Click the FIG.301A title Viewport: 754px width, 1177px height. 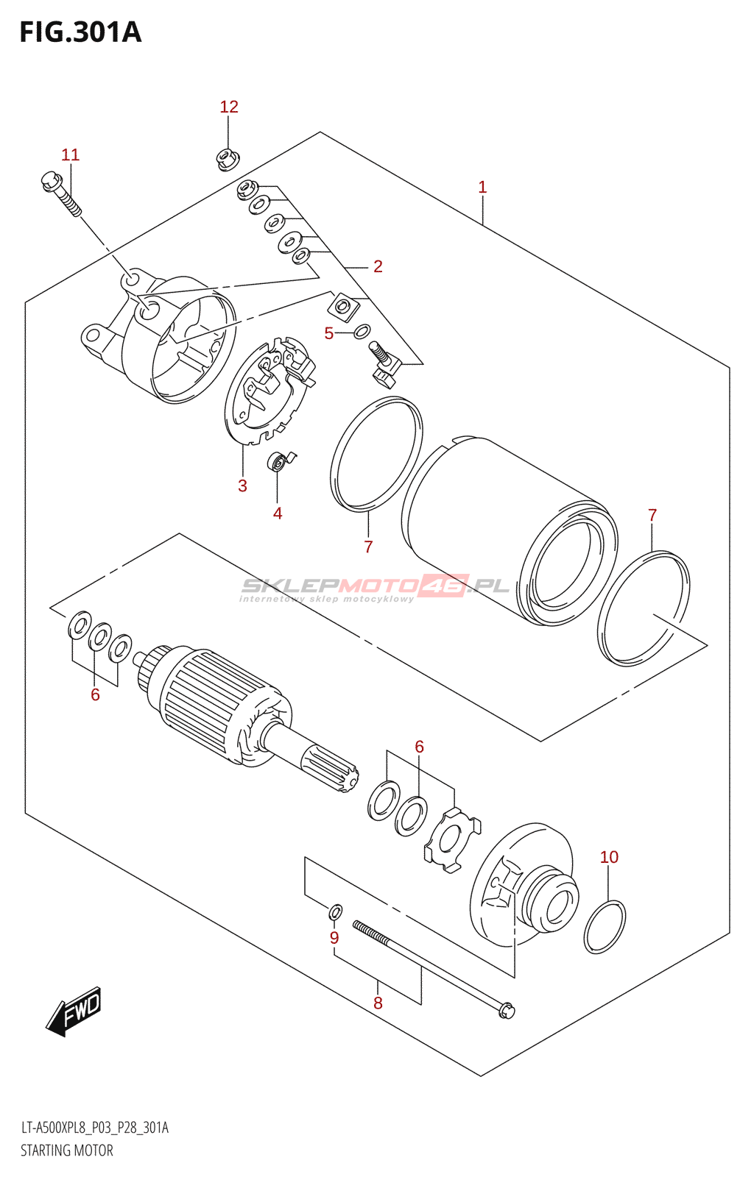(80, 32)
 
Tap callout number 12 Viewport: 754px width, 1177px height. (229, 107)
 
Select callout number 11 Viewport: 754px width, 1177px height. (70, 155)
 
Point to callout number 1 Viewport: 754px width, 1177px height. (482, 188)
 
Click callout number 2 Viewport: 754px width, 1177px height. (378, 266)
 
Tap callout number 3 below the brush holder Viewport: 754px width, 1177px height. (242, 486)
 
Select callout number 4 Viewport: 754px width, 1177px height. (278, 513)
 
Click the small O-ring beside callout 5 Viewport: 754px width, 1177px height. (362, 331)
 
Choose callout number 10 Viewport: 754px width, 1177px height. (609, 857)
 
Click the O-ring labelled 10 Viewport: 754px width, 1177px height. (605, 927)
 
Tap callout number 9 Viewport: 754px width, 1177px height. (334, 938)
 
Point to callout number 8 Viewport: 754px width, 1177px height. (378, 1003)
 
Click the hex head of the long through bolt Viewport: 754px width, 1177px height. (507, 1011)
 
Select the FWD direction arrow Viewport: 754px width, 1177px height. (74, 1011)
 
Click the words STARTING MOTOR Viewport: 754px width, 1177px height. (67, 1151)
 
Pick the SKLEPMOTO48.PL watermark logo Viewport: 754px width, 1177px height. (375, 587)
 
